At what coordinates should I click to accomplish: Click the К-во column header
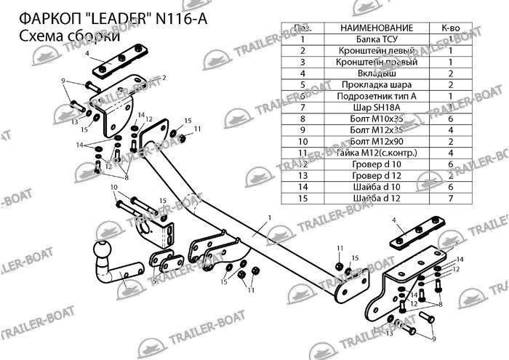pos(450,28)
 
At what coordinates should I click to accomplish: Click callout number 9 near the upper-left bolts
pos(63,80)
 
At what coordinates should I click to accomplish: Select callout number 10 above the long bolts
pos(113,188)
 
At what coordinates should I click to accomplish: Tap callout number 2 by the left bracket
pos(164,77)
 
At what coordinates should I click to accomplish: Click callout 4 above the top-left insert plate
pos(86,54)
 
